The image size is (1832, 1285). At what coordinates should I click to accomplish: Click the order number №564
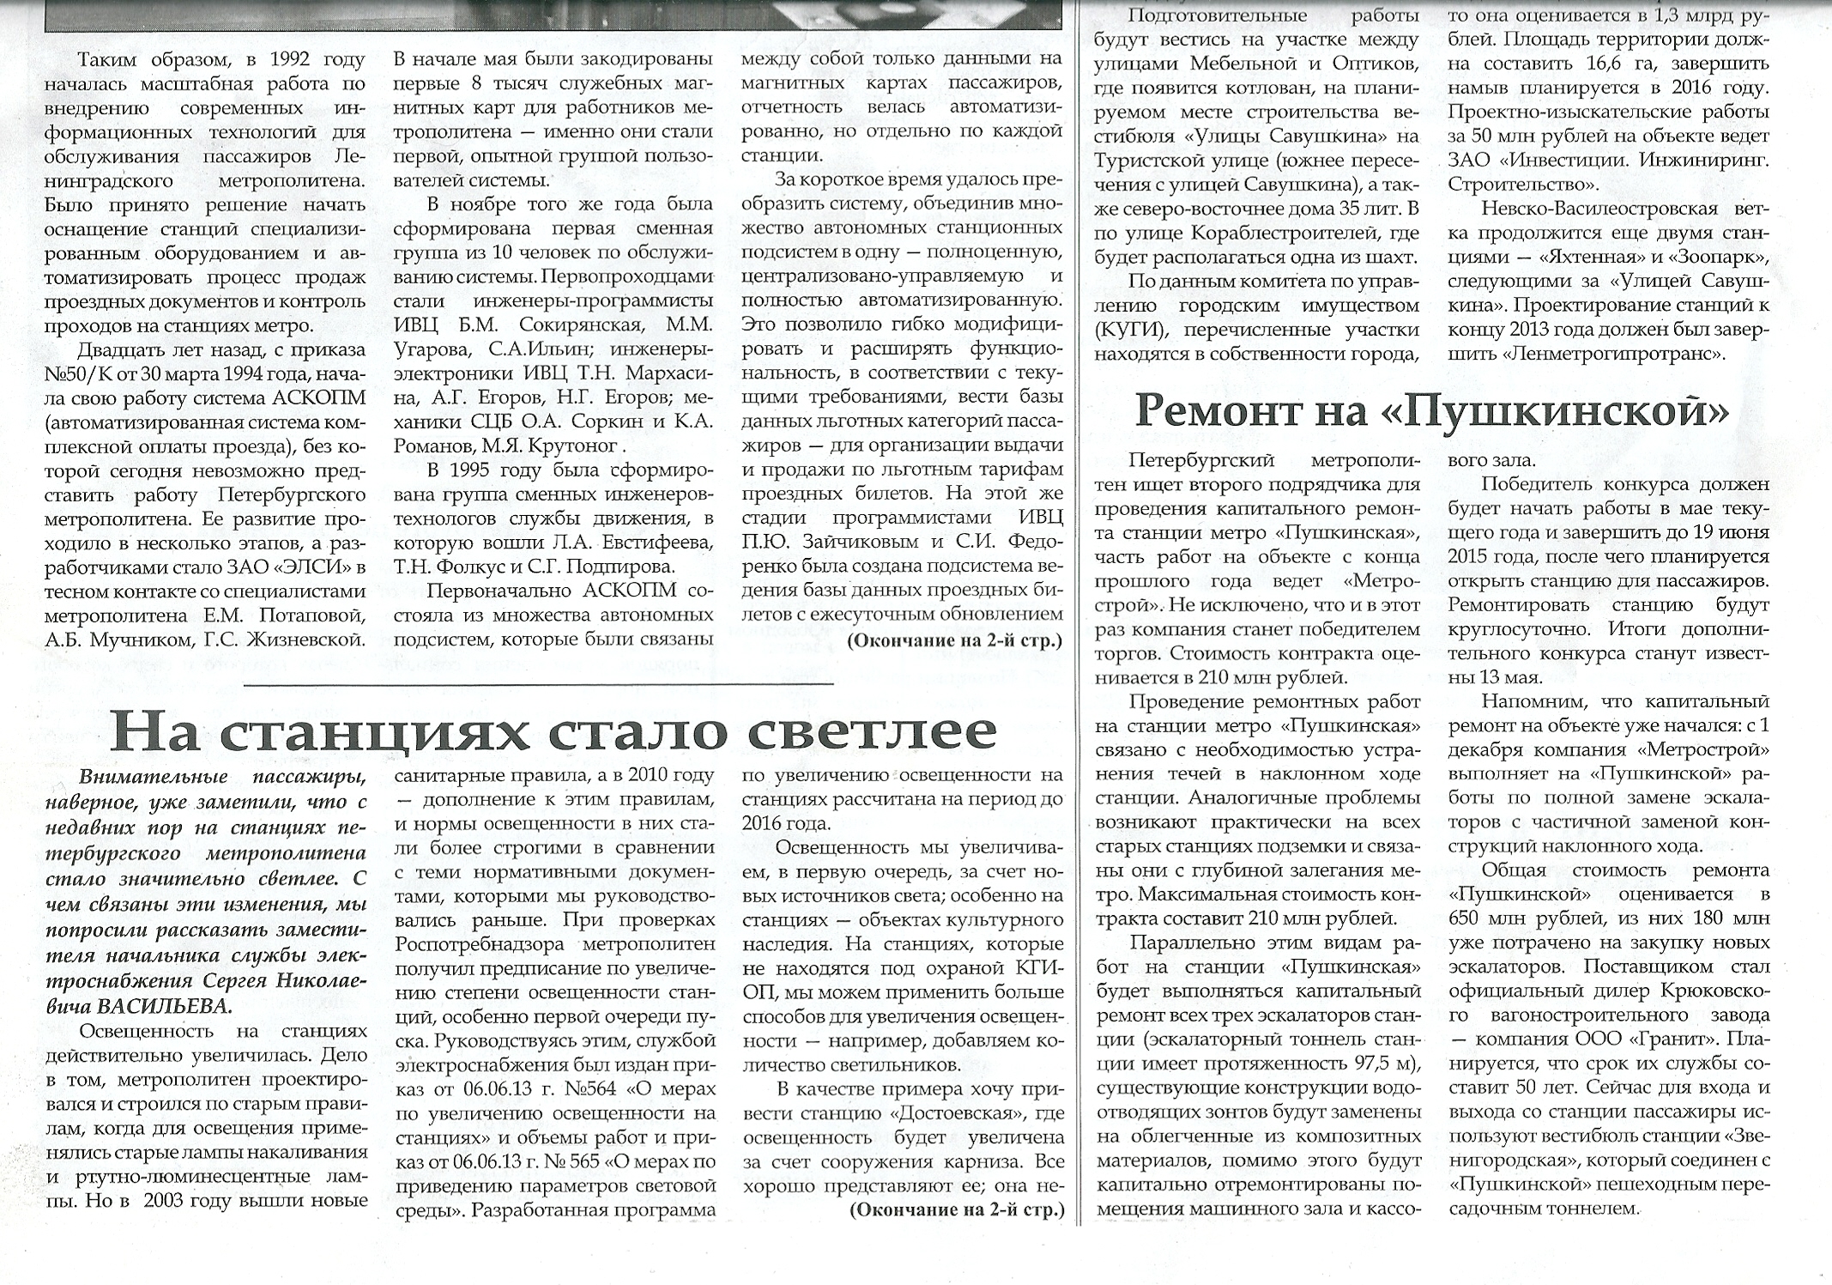click(x=591, y=1090)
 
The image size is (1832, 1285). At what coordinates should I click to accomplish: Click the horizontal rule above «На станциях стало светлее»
click(x=538, y=683)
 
